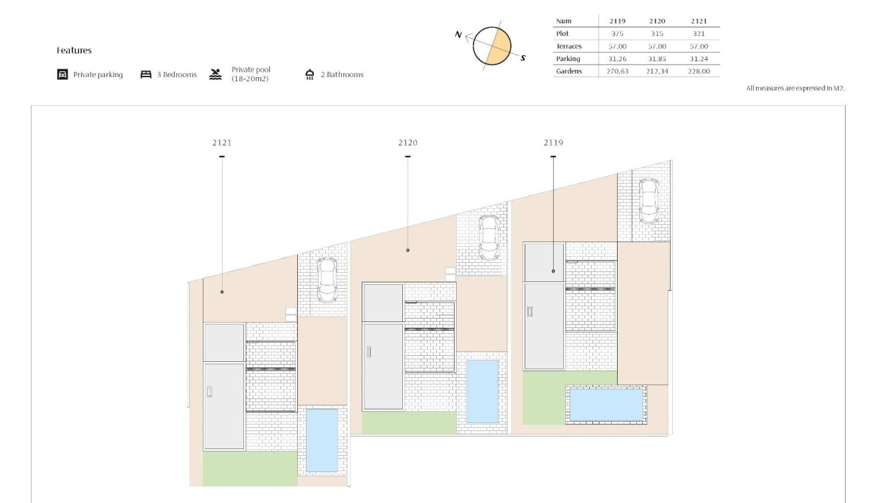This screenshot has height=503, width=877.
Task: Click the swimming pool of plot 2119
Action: coord(607,405)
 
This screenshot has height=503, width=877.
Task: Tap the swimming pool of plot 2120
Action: coord(482,391)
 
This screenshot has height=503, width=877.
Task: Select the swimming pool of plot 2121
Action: coord(321,439)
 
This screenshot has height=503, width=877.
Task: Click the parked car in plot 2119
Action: coord(648,200)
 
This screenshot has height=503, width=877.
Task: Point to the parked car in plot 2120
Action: coord(489,238)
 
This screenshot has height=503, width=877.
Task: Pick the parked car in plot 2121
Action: coord(326,279)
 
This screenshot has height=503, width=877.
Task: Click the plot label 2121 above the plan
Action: coord(222,142)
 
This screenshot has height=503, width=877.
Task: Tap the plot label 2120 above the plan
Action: coord(408,142)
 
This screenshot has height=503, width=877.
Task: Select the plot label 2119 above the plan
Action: coord(553,142)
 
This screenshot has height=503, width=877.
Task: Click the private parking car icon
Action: coord(63,75)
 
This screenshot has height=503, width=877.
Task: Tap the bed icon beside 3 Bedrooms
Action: coord(146,75)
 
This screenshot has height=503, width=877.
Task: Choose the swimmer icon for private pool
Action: coord(215,74)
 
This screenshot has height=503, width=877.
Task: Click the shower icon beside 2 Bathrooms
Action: coord(310,75)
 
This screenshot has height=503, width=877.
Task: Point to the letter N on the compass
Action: coord(458,35)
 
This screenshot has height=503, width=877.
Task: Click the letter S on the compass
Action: coord(523,58)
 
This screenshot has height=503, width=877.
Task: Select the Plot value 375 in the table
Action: coord(617,34)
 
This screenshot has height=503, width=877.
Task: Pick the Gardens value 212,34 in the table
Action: coord(657,71)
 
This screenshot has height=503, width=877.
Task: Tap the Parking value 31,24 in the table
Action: coord(699,59)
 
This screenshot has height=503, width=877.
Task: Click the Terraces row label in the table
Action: coord(568,47)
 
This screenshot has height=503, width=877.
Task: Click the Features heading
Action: coord(74,51)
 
